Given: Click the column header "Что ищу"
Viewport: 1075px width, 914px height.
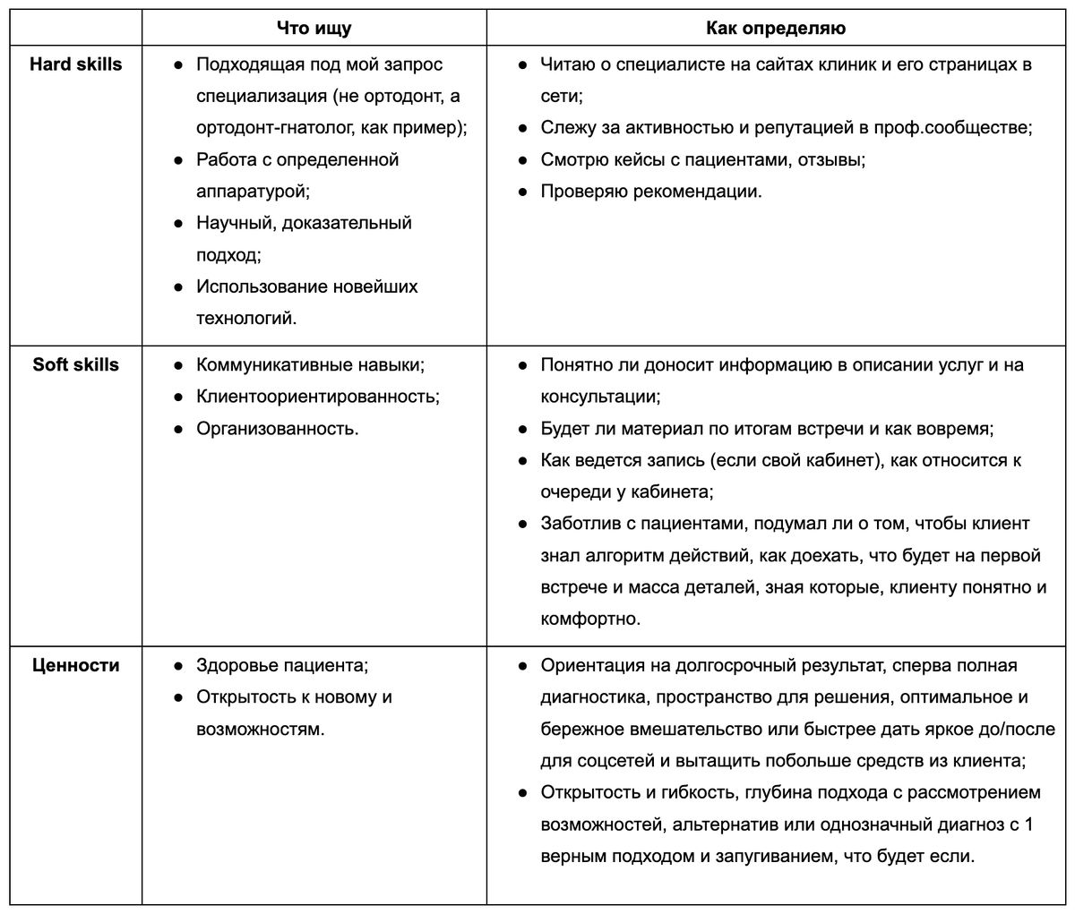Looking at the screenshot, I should [314, 29].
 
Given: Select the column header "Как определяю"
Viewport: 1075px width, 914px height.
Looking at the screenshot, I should [776, 29].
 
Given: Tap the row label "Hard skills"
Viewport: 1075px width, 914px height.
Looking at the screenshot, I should [76, 64].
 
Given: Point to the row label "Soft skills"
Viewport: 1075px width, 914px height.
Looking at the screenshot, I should [76, 365].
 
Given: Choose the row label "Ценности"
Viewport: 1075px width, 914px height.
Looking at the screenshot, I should [76, 666].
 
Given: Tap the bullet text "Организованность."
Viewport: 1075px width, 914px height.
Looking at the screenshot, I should [278, 429].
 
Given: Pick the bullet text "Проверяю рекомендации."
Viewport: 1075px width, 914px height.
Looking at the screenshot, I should [651, 192].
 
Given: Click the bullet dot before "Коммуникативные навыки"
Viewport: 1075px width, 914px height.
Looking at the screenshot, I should [178, 365].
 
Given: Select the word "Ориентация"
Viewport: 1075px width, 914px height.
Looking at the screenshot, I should [592, 666].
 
